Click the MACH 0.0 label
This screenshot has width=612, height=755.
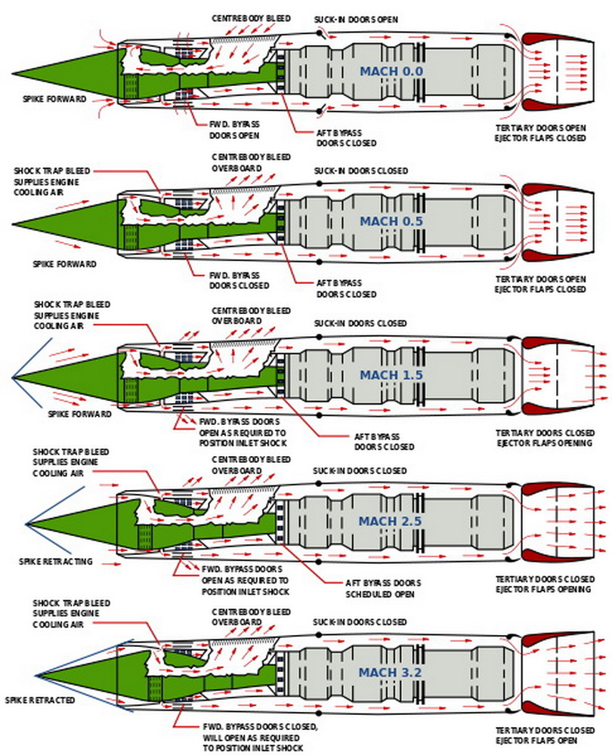click(x=391, y=72)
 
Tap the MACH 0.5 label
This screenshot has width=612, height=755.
click(x=391, y=221)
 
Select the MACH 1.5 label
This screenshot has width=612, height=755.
click(x=391, y=374)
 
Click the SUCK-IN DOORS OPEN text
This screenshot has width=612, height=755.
click(x=356, y=18)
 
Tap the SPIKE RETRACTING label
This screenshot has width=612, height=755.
click(x=55, y=561)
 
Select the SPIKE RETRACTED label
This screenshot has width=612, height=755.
click(x=40, y=700)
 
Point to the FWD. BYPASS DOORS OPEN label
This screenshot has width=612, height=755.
click(x=234, y=130)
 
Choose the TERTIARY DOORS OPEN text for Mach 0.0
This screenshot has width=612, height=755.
click(x=540, y=129)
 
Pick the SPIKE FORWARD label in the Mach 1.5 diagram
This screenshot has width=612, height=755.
click(x=79, y=414)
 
